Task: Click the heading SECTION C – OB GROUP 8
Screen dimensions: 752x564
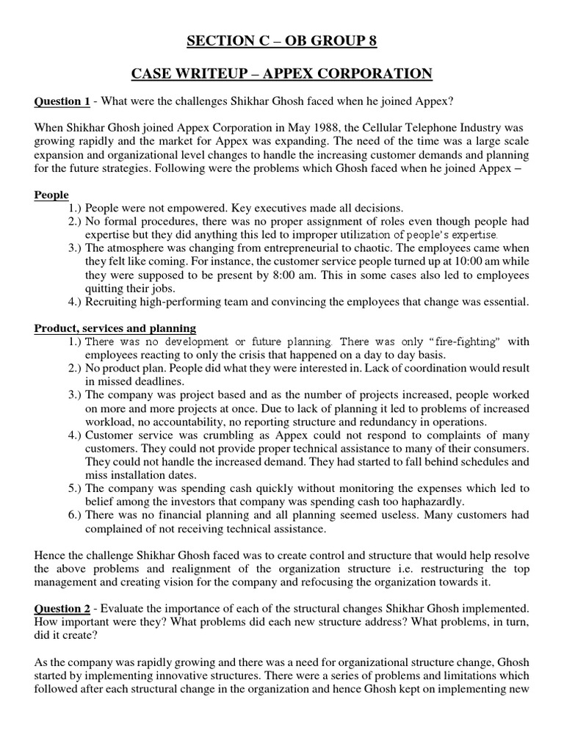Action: [x=281, y=40]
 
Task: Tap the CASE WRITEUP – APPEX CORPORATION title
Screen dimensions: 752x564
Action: [x=281, y=73]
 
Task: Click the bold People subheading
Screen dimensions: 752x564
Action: [x=51, y=195]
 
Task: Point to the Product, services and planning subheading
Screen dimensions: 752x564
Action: [x=115, y=328]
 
